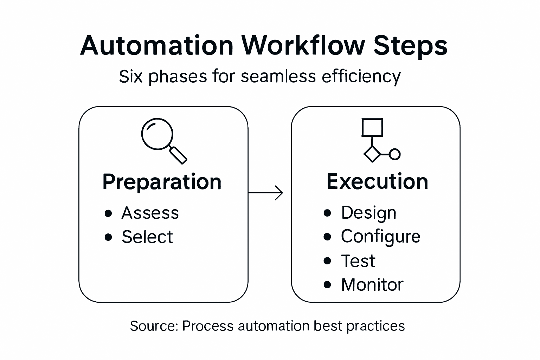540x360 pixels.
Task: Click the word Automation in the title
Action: [157, 46]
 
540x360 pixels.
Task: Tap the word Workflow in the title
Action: [303, 46]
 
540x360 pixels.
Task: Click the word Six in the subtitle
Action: [130, 76]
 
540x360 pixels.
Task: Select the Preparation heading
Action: [162, 182]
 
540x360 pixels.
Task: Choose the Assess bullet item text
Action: [150, 213]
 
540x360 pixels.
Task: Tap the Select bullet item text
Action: [147, 237]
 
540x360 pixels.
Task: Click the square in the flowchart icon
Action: [372, 127]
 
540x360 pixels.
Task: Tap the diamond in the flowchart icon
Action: [372, 154]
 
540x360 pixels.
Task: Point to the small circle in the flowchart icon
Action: [395, 154]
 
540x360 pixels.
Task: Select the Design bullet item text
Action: [368, 213]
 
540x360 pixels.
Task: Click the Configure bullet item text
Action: [380, 237]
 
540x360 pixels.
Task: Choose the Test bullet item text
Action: [358, 261]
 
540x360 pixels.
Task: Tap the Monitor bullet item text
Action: [372, 285]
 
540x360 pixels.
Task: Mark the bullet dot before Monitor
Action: [327, 284]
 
